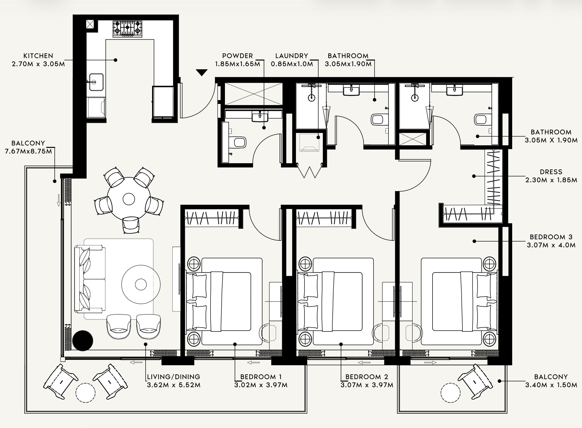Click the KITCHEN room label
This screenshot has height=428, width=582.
pos(38,56)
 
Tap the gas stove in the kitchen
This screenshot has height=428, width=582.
pos(127,29)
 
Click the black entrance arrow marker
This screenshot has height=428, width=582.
pos(202,73)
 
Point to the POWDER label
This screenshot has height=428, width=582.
pos(238,56)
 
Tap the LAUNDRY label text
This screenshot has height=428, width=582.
pos(292,56)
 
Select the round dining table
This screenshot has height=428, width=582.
pos(129,199)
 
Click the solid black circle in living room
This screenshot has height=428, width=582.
pos(83,341)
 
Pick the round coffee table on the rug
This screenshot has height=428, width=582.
pos(141,284)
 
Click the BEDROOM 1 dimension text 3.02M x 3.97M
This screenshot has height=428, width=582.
pos(261,385)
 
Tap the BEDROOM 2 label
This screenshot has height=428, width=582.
pos(367,377)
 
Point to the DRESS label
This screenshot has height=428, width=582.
pos(551,172)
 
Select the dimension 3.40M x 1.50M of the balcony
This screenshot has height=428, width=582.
pos(551,385)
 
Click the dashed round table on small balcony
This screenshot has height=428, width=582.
pos(450,393)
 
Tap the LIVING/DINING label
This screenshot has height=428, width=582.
pos(174,377)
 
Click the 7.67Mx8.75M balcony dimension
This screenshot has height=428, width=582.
pos(28,151)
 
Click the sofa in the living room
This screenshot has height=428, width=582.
pos(90,279)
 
